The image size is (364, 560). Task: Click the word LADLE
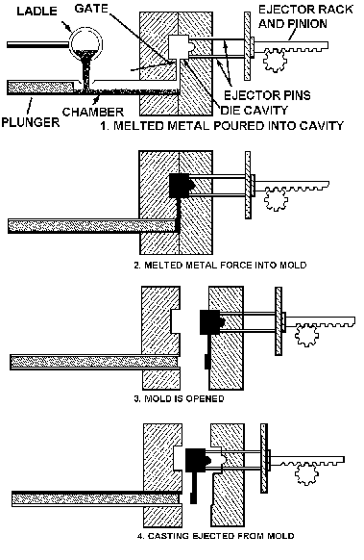[x=37, y=11]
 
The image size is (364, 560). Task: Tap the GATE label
[x=91, y=9]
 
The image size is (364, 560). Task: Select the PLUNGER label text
[x=31, y=122]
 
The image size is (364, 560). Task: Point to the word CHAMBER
[x=93, y=112]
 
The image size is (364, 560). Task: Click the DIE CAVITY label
[x=254, y=110]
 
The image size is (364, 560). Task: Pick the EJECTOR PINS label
[x=267, y=95]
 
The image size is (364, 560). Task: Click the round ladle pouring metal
[x=86, y=44]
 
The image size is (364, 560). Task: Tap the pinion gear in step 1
[x=275, y=61]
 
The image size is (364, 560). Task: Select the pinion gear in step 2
[x=276, y=200]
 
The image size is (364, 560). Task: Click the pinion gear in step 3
[x=306, y=336]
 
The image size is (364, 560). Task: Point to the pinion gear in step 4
[x=306, y=474]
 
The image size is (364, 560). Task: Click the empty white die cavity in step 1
[x=180, y=47]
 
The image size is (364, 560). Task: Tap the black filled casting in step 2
[x=181, y=187]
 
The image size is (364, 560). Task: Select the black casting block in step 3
[x=211, y=322]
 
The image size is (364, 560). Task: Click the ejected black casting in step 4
[x=197, y=460]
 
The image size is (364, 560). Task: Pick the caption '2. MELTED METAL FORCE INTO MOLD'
[x=220, y=265]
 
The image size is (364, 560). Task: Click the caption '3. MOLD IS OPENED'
[x=179, y=398]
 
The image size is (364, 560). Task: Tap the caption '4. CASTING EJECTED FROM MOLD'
[x=216, y=536]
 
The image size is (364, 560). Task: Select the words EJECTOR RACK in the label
[x=305, y=10]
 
